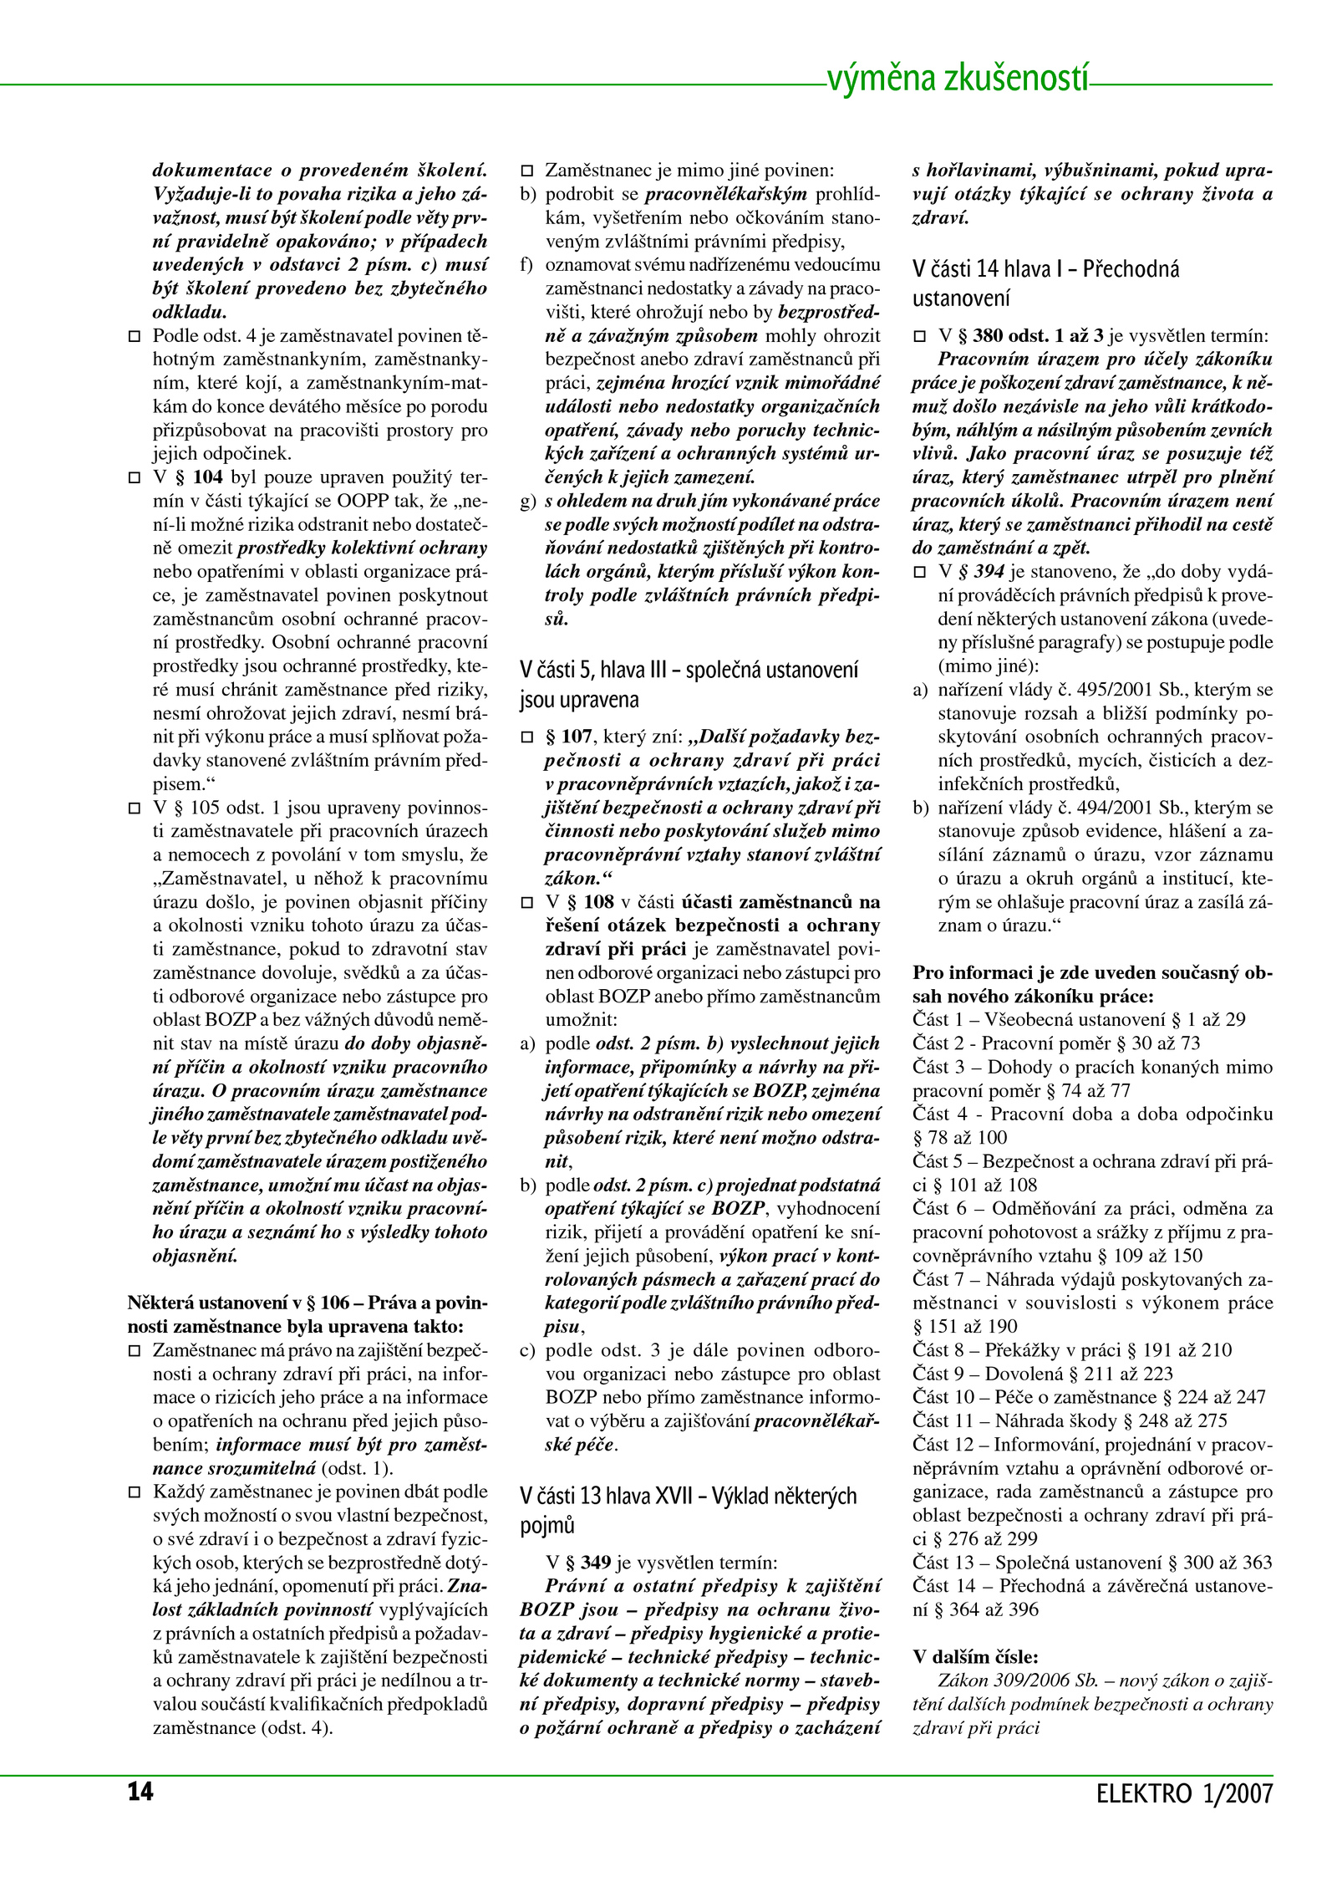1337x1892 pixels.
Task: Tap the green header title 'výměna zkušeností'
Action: pyautogui.click(x=958, y=79)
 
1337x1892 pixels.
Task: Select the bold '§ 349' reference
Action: pyautogui.click(x=587, y=1563)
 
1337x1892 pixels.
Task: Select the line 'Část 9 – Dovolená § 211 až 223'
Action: pyautogui.click(x=1042, y=1374)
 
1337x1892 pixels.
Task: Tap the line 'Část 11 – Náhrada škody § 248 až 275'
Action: pyautogui.click(x=1070, y=1420)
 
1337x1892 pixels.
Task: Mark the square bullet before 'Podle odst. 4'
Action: pyautogui.click(x=134, y=337)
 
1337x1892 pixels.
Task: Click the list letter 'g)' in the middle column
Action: pyautogui.click(x=528, y=502)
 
